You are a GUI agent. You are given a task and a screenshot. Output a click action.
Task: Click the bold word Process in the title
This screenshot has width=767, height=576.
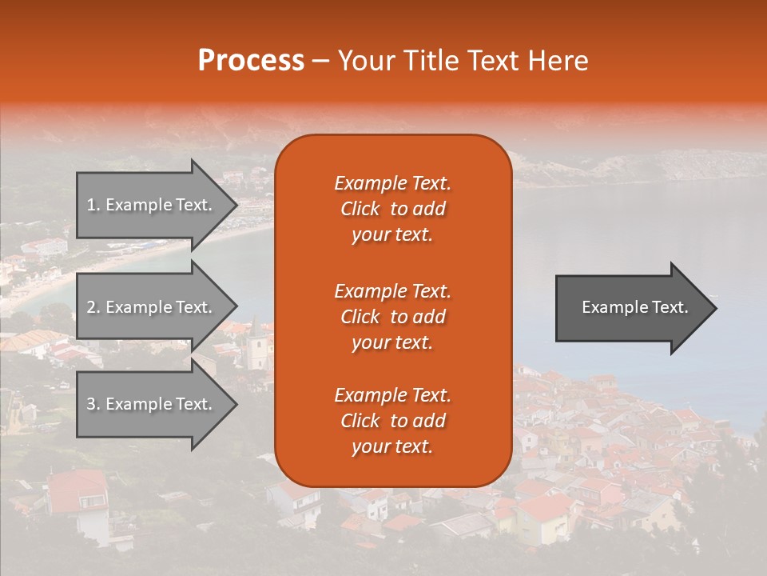251,61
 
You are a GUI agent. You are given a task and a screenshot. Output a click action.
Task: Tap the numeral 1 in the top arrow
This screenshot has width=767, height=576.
91,205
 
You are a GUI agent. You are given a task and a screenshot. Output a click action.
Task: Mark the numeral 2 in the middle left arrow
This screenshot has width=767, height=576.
91,307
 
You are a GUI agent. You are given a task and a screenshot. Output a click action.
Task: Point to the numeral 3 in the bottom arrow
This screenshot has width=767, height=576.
91,404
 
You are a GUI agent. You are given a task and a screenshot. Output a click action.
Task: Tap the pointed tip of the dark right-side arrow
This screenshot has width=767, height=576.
715,308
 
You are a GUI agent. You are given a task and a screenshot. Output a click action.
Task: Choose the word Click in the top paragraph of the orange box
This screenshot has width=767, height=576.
360,210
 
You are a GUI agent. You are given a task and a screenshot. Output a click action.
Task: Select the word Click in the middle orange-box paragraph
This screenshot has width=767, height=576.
360,318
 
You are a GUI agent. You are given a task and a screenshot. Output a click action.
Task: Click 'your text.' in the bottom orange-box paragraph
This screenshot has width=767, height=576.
392,447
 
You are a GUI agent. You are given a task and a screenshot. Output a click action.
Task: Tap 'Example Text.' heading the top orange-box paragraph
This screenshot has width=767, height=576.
392,183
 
